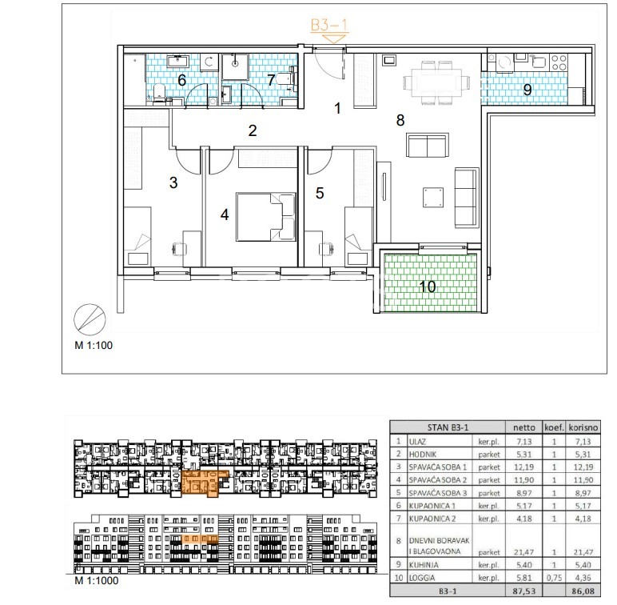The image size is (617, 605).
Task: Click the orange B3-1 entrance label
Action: click(x=329, y=26)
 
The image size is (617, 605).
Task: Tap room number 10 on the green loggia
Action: click(x=428, y=286)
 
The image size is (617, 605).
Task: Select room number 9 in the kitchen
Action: click(x=527, y=90)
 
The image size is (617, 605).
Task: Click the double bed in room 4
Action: click(x=266, y=217)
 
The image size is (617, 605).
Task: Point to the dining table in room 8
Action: click(x=436, y=82)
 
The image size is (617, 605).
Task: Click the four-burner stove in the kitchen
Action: click(x=559, y=62)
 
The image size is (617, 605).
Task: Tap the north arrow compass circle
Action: click(x=90, y=319)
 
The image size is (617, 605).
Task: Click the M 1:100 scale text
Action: click(x=94, y=346)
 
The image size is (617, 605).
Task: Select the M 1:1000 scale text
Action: click(x=97, y=580)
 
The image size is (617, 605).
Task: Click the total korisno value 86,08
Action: click(x=583, y=591)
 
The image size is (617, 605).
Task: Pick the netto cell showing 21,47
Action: click(x=523, y=552)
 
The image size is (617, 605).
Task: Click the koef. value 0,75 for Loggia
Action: click(x=554, y=578)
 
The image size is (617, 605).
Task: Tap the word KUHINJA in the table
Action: click(x=424, y=565)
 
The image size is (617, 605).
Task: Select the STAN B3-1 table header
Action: click(x=448, y=427)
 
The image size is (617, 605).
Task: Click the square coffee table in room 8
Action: click(x=433, y=198)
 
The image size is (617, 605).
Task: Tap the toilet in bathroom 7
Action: click(x=285, y=78)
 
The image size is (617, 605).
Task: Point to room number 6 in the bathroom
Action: click(x=181, y=80)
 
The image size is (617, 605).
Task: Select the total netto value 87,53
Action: click(x=523, y=591)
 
